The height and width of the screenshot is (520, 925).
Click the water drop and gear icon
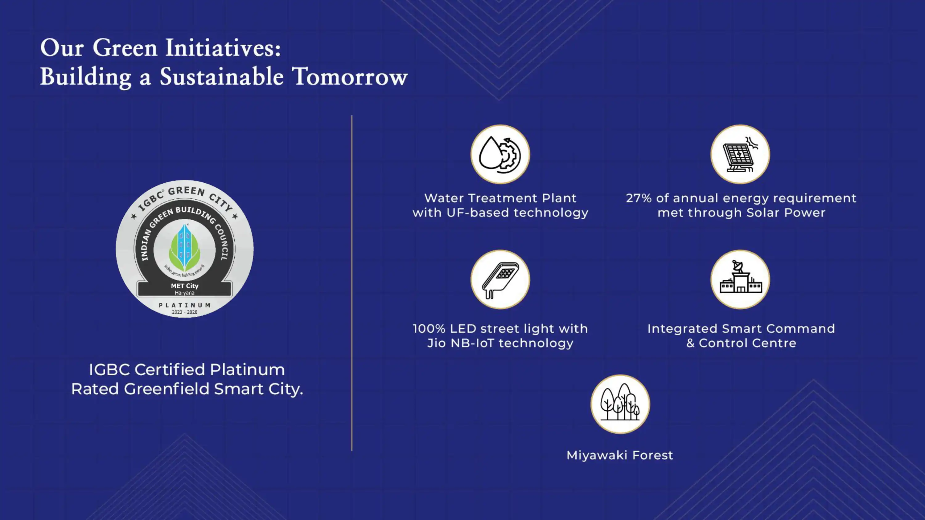tap(500, 154)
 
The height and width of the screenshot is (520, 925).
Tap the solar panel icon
tap(740, 154)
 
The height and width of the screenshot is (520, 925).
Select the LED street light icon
tap(500, 280)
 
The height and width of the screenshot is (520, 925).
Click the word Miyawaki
tap(597, 455)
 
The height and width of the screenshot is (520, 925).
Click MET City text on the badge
tap(185, 286)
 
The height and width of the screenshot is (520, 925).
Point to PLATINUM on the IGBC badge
tap(185, 305)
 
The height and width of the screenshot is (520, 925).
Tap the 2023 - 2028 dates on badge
tap(185, 312)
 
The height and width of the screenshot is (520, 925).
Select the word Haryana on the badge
tap(185, 293)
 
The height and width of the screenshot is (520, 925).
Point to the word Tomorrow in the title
tap(350, 76)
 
